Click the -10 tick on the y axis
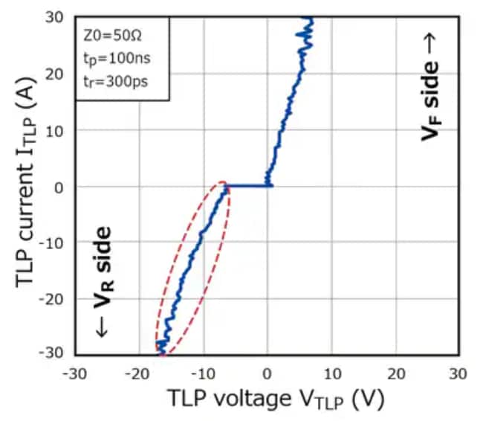coord(55,242)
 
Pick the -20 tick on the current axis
coord(55,299)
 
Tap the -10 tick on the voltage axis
coord(203,371)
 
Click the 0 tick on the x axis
coord(268,371)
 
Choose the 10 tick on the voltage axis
coord(331,371)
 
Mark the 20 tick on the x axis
coord(395,371)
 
